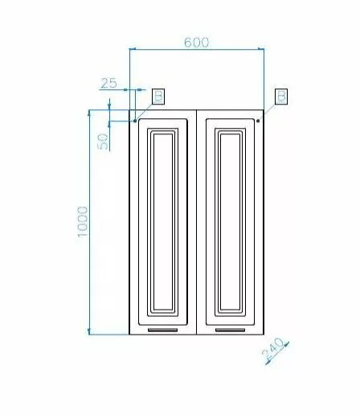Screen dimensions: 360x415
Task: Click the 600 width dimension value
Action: (x=196, y=43)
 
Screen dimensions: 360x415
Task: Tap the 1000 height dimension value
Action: (x=83, y=222)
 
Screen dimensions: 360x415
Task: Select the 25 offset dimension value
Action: (x=108, y=83)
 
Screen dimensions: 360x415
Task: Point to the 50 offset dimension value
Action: (x=103, y=142)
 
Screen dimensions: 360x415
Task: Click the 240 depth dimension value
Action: (x=272, y=349)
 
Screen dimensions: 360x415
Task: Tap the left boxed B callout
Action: (x=158, y=97)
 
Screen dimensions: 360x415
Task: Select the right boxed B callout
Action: (x=281, y=97)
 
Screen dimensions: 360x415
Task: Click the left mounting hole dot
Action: (x=135, y=121)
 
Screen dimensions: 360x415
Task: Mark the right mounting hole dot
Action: (x=258, y=121)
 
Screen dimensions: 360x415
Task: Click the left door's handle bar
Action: (x=163, y=330)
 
